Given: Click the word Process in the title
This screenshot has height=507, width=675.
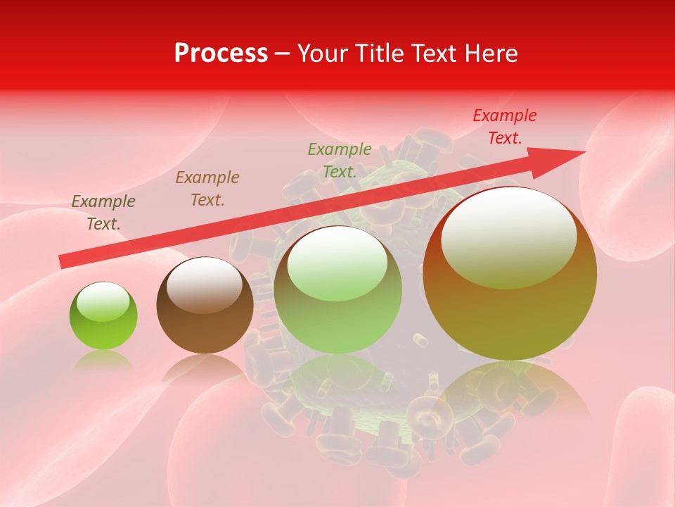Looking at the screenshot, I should (x=221, y=54).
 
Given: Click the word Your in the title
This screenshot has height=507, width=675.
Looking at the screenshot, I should (x=322, y=54).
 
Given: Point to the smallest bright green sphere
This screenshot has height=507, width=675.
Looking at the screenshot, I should (x=103, y=317).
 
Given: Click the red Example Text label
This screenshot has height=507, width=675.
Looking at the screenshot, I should (x=504, y=127).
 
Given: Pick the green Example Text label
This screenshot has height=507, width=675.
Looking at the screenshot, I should (x=340, y=160).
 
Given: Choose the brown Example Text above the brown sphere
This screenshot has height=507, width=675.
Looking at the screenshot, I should (x=207, y=189).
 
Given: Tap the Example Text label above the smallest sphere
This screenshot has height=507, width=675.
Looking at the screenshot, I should (x=103, y=212).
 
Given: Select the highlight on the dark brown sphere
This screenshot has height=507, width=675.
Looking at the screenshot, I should (x=205, y=284).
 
